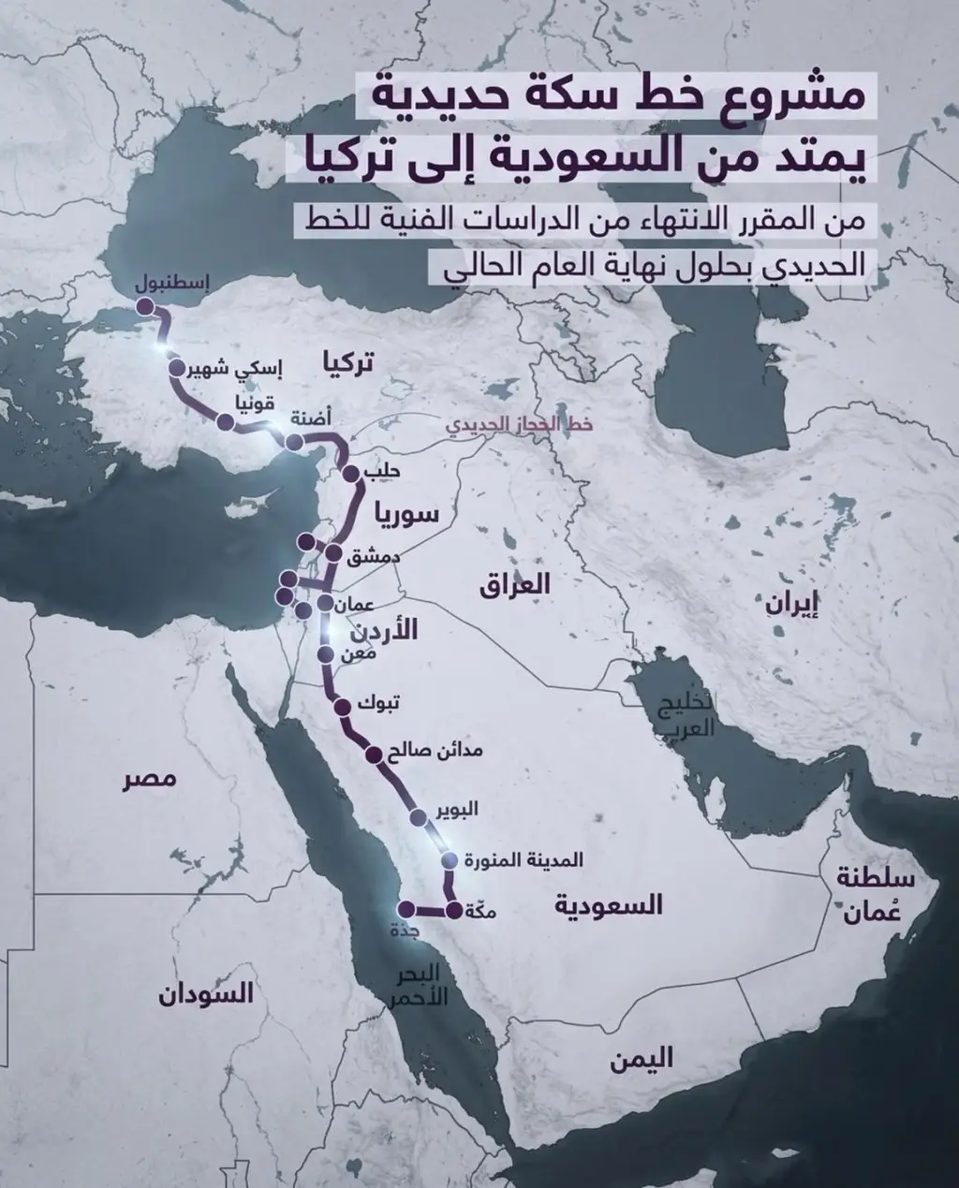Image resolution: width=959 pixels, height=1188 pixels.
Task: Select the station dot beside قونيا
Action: pos(225,422)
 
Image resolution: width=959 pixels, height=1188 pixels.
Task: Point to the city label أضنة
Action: pos(310,418)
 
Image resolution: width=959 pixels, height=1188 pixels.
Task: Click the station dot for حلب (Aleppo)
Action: pos(351,474)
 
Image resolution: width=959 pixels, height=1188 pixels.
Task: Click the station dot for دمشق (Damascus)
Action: pos(332,552)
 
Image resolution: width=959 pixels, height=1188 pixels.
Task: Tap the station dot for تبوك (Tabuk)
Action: pos(341,707)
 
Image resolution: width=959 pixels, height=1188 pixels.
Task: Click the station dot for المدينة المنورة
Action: pos(450,860)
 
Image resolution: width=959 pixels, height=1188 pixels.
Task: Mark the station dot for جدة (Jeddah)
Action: pos(406,909)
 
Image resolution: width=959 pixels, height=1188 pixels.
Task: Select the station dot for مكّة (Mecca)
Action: pos(454,910)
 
